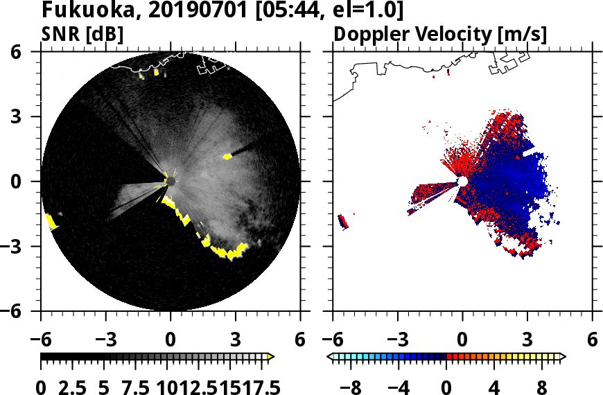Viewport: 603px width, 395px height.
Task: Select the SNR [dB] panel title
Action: point(82,33)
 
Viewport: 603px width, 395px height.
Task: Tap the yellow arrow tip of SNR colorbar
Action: point(271,357)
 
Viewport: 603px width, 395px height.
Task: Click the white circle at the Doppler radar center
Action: point(462,182)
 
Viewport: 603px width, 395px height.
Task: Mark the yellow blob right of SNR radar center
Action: point(227,157)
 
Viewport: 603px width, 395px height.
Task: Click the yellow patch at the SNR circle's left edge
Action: point(51,222)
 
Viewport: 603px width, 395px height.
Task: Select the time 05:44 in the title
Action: point(300,11)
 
